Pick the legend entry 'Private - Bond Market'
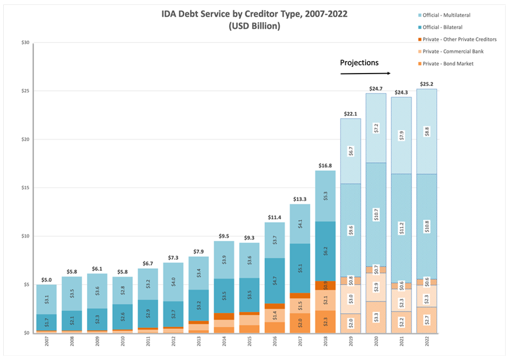click(455, 64)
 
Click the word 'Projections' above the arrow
click(359, 63)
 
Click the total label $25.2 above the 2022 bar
click(426, 84)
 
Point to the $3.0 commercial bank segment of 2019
click(351, 299)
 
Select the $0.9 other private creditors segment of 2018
click(325, 285)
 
